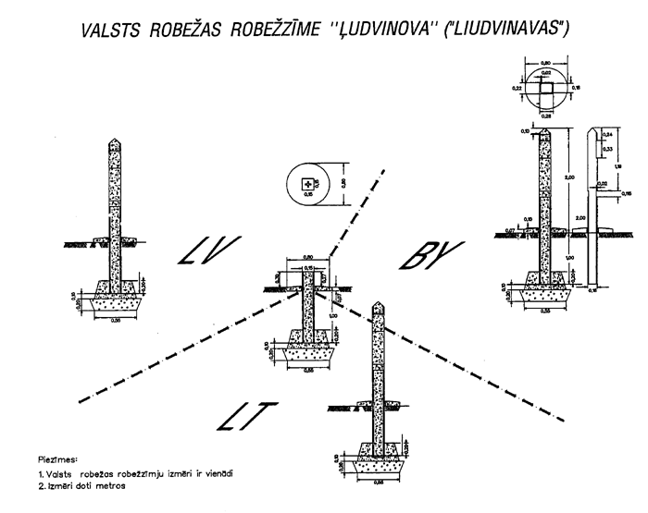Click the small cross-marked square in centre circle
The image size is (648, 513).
pyautogui.click(x=307, y=186)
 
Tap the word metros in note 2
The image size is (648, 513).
pyautogui.click(x=112, y=487)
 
